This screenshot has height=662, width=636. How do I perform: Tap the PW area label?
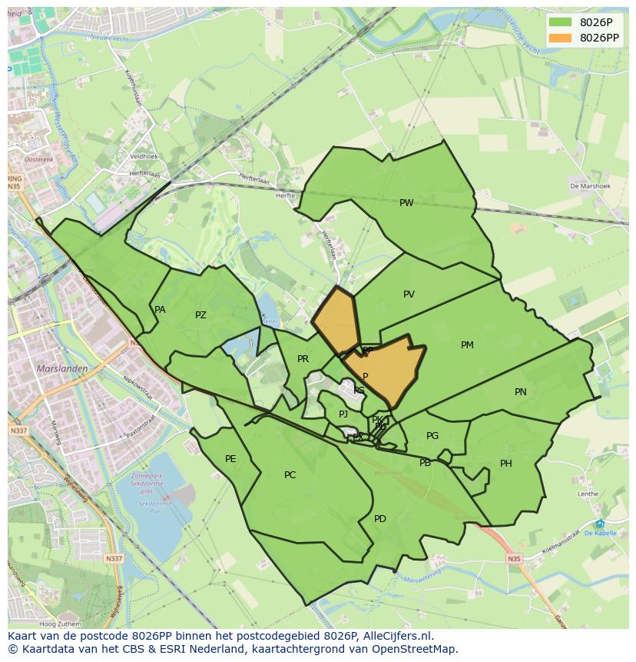(406, 203)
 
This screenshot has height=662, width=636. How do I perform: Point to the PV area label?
(409, 294)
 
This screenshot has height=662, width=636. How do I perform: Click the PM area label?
(467, 345)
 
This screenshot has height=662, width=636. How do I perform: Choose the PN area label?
(521, 392)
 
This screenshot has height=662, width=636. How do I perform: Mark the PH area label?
(506, 464)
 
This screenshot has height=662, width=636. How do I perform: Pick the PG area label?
(432, 436)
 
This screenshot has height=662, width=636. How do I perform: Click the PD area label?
(380, 519)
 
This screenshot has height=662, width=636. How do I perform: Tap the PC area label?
(290, 475)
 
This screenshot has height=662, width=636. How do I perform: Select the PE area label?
(230, 459)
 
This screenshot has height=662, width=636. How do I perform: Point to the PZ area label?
(200, 315)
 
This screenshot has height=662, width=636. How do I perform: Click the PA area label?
(160, 310)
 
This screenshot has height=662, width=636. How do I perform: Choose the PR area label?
(303, 359)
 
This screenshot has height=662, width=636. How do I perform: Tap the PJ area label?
(343, 414)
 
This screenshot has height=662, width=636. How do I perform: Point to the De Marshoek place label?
(590, 186)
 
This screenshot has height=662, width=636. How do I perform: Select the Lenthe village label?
(588, 494)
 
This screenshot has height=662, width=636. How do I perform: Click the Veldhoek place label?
(144, 156)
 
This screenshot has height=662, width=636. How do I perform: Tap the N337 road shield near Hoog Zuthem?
(114, 559)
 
